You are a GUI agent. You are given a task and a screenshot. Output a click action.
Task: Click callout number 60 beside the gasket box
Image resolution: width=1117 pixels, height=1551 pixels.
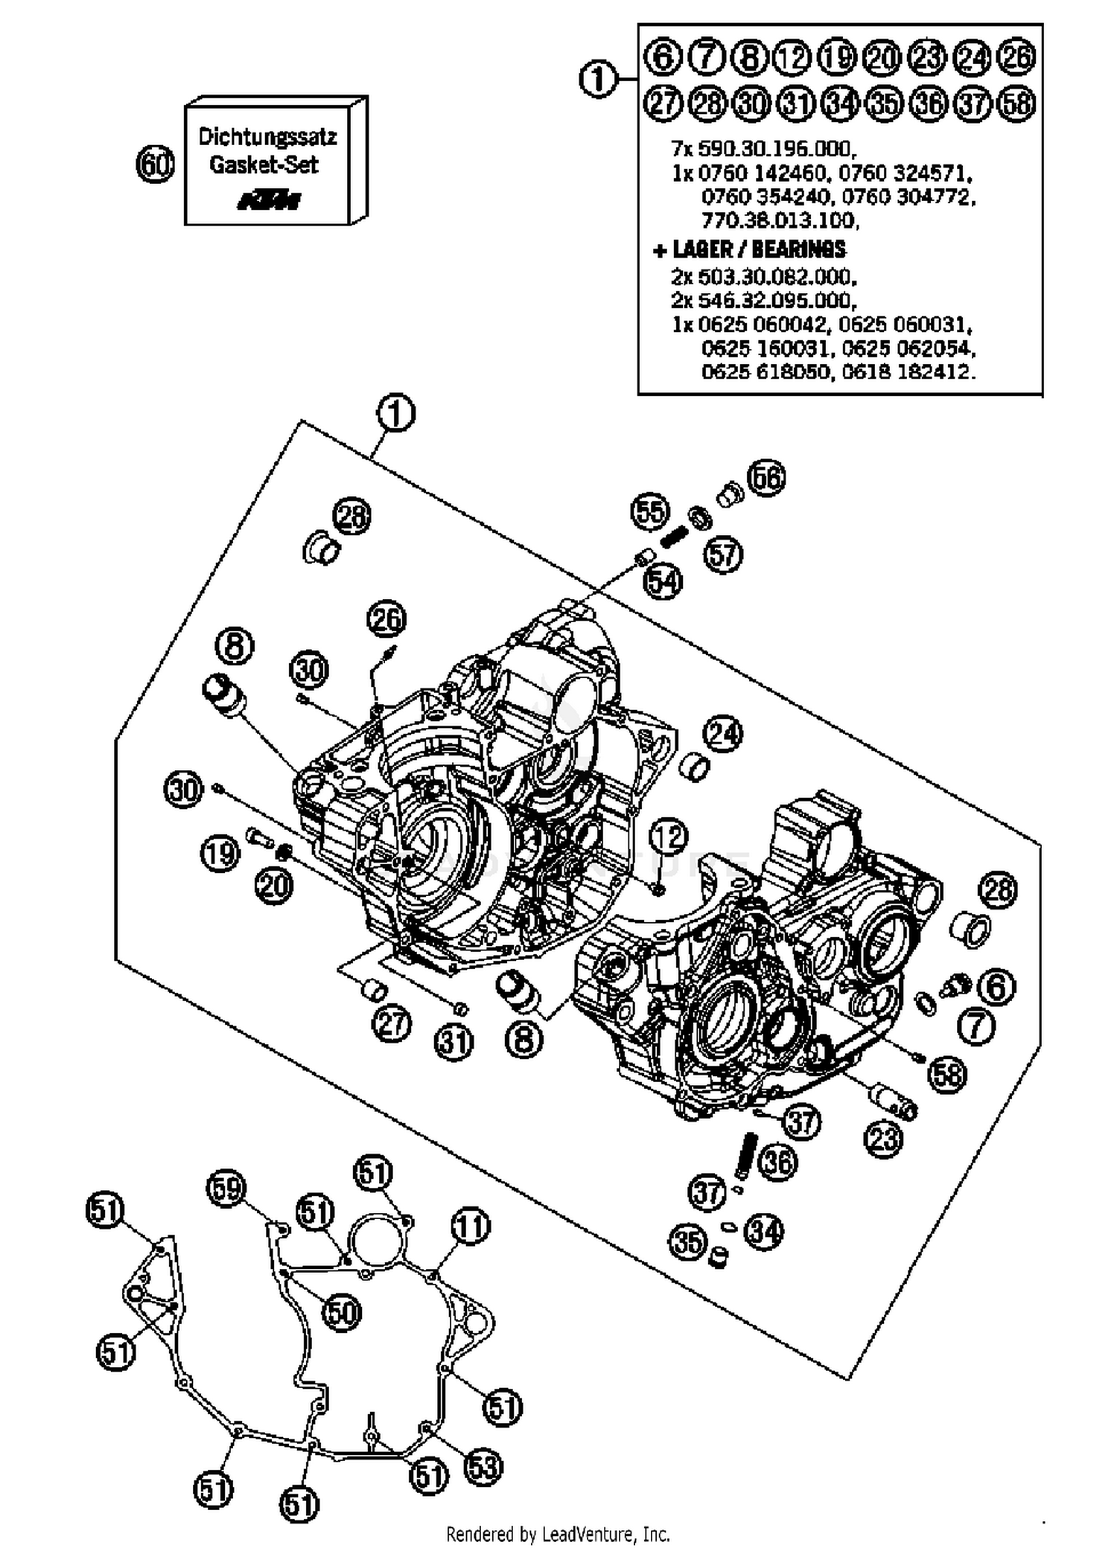[x=155, y=164]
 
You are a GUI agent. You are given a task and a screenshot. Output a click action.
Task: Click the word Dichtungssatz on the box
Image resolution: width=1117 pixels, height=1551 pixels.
[x=267, y=137]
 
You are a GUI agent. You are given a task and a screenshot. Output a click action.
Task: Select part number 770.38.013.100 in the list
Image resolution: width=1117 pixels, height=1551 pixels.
[x=780, y=221]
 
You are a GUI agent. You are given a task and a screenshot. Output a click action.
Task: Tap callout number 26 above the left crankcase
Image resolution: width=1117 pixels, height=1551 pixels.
[x=386, y=619]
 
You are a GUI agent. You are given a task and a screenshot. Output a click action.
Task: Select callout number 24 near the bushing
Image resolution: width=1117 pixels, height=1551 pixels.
[x=724, y=733]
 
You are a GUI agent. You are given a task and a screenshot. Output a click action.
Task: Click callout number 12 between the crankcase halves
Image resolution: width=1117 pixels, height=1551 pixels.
[x=668, y=837]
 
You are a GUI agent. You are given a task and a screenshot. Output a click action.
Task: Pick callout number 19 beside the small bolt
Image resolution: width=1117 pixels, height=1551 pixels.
[x=220, y=854]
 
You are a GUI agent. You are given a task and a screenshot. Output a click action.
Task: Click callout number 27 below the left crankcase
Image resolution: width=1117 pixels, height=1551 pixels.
[x=392, y=1024]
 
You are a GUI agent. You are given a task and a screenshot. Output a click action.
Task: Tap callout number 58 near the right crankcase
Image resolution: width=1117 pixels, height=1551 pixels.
[x=947, y=1075]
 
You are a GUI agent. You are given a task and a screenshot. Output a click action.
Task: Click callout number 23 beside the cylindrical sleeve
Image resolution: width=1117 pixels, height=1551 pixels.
[x=883, y=1138]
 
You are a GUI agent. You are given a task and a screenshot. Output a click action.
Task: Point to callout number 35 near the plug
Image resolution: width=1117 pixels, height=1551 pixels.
[x=687, y=1241]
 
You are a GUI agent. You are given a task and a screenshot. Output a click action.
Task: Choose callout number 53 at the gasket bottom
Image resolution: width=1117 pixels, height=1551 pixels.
[x=483, y=1467]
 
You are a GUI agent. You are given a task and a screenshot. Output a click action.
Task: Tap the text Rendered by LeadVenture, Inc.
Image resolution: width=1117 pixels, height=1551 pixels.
[x=558, y=1534]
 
